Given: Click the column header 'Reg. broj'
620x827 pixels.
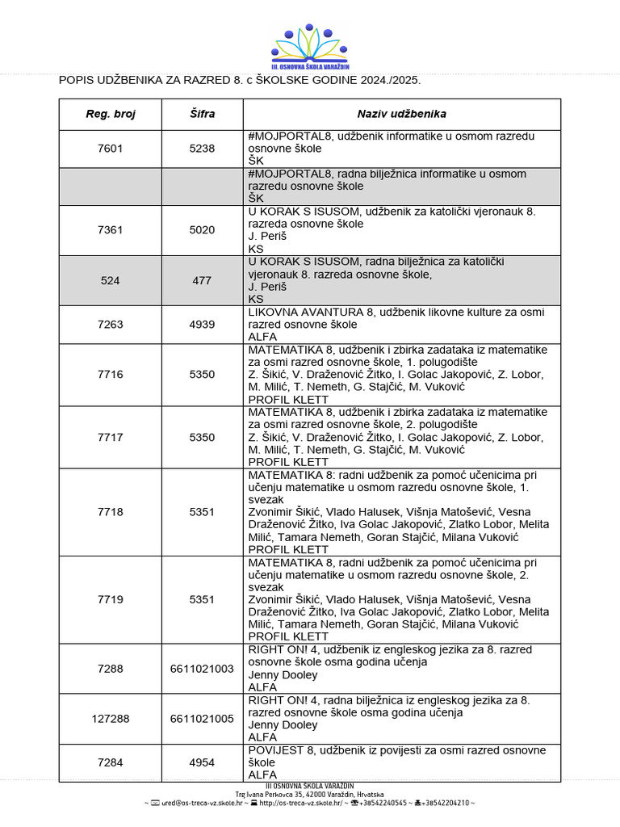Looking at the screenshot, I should [x=111, y=114].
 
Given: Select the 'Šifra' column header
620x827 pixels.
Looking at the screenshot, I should [x=202, y=114].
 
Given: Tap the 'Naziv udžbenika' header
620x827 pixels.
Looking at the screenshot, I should [x=401, y=114].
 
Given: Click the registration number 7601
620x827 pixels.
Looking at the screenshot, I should [x=111, y=149].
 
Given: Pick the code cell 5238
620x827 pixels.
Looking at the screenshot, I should [x=202, y=149].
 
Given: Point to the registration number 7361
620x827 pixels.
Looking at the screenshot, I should [x=111, y=230].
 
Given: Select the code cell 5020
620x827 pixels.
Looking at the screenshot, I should [x=202, y=230].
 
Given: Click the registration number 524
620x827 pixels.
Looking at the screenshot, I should [x=111, y=280].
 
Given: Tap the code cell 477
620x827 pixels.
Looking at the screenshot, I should [x=202, y=280].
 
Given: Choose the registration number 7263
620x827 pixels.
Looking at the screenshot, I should [x=111, y=325].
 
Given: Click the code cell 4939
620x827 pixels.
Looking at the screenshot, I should [x=202, y=325].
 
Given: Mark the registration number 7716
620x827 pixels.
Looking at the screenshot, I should [x=111, y=375].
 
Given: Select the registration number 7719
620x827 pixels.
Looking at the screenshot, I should [x=111, y=599].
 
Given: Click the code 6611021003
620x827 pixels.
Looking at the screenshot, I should [x=202, y=669].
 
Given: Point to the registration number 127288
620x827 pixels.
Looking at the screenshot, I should [x=111, y=718].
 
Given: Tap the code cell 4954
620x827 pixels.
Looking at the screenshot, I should [x=202, y=762].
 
